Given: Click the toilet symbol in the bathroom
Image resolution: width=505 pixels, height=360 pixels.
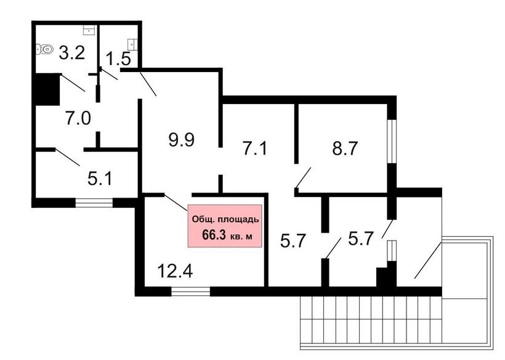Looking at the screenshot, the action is point(44,49).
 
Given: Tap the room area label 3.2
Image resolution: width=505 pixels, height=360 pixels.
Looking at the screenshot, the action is point(72,53).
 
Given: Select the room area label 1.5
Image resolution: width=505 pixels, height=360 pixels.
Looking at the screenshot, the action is point(118,59).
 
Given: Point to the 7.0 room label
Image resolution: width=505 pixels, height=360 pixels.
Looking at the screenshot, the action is point(78,118).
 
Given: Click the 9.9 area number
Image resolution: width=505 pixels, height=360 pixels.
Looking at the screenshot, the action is point(181,140).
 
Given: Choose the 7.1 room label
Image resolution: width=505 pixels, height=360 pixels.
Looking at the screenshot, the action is point(255,149).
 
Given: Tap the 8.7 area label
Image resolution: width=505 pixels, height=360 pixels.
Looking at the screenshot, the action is point(345,148).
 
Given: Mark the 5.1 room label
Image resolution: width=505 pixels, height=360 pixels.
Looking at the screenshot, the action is point(100,178).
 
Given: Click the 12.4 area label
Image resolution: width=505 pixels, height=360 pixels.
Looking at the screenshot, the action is point(175,271).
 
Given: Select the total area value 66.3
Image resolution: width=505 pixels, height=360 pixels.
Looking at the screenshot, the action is point(214,235).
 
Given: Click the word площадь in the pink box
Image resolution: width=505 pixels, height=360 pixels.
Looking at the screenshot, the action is point(239,220).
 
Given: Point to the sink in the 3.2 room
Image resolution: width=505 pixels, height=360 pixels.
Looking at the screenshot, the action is point(89,31).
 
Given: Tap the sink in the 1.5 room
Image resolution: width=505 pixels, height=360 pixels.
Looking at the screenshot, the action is point(132,44).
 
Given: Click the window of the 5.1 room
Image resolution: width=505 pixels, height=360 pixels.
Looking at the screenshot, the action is point(94,203).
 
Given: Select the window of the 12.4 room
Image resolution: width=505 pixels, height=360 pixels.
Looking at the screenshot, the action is point(191,292).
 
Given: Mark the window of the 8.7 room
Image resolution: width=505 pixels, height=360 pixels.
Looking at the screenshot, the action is point(392,142).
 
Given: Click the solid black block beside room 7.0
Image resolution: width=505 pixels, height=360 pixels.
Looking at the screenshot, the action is point(47,89).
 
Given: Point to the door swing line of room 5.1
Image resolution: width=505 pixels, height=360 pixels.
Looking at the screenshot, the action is point(68,158).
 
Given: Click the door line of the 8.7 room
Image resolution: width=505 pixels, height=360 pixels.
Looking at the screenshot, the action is point(303,178).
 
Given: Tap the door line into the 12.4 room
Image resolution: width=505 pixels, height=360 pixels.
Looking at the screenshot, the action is point(176,202).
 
